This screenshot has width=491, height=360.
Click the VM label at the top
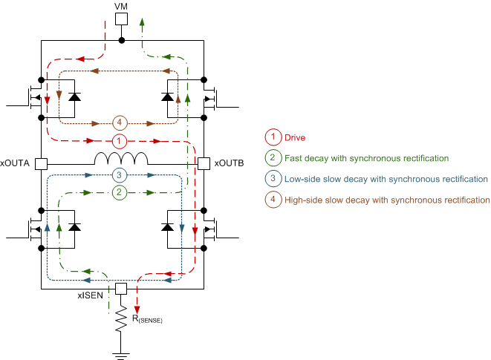(x=121, y=6)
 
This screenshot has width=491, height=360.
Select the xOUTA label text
(x=16, y=163)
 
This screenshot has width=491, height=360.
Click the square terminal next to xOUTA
(x=41, y=163)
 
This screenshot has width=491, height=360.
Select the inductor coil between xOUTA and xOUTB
(x=121, y=159)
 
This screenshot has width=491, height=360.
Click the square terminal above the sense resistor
(x=121, y=288)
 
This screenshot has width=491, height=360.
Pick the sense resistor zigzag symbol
(x=121, y=318)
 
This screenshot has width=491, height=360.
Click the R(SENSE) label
(x=147, y=319)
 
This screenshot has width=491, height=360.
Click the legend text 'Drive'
(x=296, y=137)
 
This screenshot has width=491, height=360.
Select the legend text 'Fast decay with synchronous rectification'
(x=367, y=158)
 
